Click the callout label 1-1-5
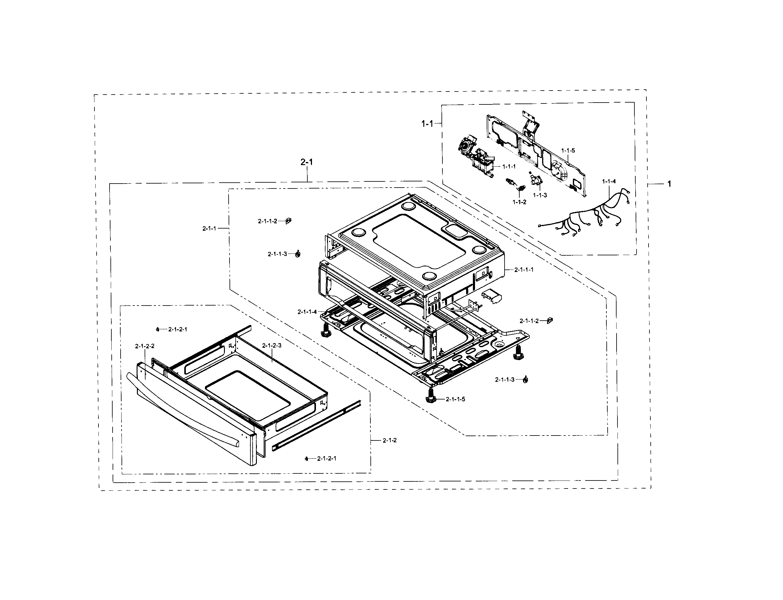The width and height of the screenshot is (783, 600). (x=568, y=151)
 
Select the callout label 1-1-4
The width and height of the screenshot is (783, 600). (x=609, y=181)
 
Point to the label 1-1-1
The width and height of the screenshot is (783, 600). (x=509, y=166)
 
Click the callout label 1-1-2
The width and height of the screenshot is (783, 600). (x=519, y=202)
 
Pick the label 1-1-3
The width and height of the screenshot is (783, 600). (x=540, y=195)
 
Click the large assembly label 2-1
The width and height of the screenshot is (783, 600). (x=307, y=162)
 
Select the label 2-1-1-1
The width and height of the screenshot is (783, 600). (x=524, y=270)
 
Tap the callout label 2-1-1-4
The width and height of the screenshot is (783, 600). (x=307, y=312)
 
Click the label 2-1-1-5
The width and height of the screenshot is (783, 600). (x=456, y=399)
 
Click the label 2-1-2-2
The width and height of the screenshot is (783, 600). (x=145, y=346)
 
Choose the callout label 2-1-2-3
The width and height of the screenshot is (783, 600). (x=272, y=345)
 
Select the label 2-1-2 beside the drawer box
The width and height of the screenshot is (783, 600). (x=390, y=440)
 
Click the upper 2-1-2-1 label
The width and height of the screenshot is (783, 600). (x=178, y=329)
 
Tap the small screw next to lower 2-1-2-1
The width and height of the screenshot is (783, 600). (x=306, y=459)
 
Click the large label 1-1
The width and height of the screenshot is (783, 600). (x=427, y=124)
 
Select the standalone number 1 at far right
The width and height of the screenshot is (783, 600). (x=669, y=184)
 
